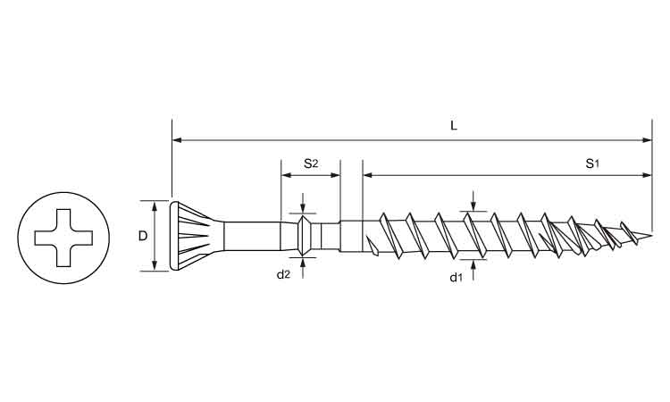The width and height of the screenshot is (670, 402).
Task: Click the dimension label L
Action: [x=453, y=125]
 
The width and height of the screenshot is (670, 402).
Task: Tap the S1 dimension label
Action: [x=592, y=163]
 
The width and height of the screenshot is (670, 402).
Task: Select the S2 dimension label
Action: [x=311, y=163]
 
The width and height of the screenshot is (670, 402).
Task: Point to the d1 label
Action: [x=456, y=278]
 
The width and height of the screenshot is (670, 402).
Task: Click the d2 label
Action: [x=283, y=274]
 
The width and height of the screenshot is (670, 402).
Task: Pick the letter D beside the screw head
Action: [x=143, y=235]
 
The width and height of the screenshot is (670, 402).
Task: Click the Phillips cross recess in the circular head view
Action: [x=63, y=238]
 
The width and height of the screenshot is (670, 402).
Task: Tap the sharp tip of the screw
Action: [x=652, y=235]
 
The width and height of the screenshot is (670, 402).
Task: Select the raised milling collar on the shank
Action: [x=304, y=236]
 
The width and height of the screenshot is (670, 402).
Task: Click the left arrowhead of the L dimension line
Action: [x=177, y=139]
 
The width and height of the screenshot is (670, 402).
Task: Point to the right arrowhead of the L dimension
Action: [x=647, y=139]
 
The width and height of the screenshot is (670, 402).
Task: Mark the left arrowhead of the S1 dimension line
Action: [x=368, y=175]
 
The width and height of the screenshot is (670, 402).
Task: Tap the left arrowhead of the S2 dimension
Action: [x=286, y=175]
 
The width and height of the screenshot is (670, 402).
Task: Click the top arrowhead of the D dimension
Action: [x=155, y=205]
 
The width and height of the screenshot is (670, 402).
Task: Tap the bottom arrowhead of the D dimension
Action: [x=155, y=265]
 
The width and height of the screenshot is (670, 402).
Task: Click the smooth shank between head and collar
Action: [x=252, y=236]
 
